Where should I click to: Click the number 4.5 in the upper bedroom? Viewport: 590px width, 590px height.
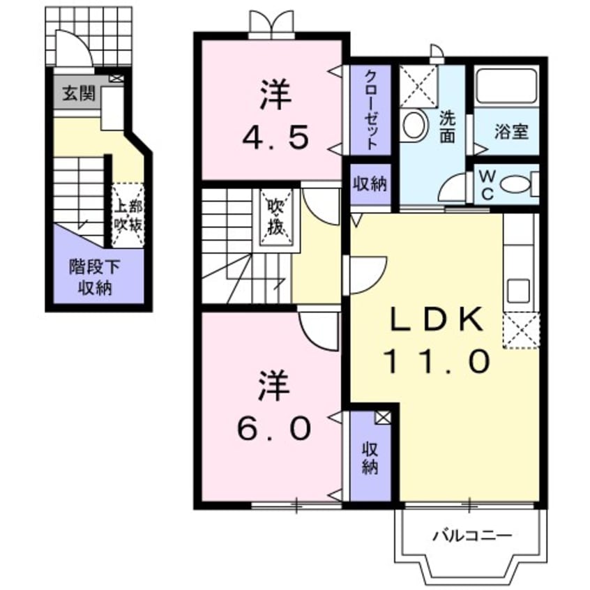tap(275, 119)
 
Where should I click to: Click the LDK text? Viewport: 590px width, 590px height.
tap(436, 321)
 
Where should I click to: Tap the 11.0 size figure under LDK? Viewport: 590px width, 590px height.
tap(436, 361)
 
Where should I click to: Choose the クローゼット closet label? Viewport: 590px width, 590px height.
tap(371, 109)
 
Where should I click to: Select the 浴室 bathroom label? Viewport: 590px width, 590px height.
tap(511, 131)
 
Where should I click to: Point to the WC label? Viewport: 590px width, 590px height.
tap(487, 186)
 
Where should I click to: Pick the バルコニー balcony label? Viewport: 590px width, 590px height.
tap(471, 536)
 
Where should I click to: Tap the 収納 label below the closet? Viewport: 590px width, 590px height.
tap(369, 184)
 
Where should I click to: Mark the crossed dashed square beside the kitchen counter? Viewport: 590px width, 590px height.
tap(520, 329)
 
